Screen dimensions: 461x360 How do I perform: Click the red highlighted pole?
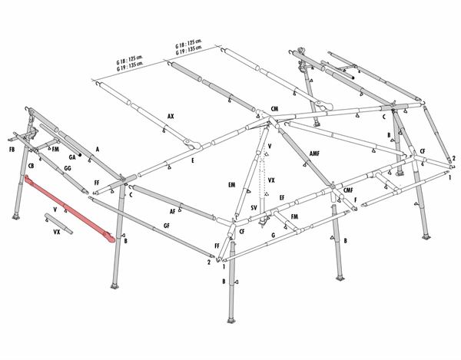point(69,208)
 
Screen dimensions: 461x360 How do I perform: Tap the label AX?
point(171,116)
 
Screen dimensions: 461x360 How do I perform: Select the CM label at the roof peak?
point(274,109)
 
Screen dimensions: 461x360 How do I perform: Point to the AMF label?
point(314,154)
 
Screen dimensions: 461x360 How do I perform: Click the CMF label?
point(348,190)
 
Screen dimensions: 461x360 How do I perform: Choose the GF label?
point(167,226)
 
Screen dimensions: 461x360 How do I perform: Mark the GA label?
point(72,157)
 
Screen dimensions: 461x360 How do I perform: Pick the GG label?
point(68,169)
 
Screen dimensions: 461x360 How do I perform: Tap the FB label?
point(12,150)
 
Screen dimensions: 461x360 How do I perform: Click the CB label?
point(31,166)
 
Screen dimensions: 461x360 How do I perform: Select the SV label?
point(254,208)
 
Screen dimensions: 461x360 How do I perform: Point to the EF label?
point(282,197)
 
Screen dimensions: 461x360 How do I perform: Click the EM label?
point(232,185)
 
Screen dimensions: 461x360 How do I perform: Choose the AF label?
point(173,211)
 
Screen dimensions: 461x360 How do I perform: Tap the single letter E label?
point(193,160)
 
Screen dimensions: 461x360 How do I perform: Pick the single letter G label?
point(274,235)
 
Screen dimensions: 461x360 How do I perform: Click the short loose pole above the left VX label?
point(58,223)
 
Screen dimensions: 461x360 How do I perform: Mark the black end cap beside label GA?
point(80,154)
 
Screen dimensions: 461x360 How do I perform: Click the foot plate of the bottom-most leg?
point(231,321)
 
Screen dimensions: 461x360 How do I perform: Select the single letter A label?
point(98,150)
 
